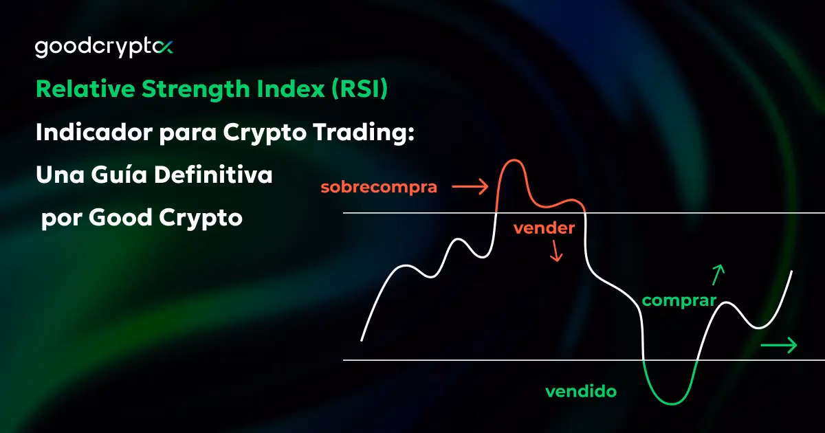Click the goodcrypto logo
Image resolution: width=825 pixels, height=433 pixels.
104,47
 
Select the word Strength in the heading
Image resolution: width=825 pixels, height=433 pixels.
199,89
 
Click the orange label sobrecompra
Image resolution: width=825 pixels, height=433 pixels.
379,187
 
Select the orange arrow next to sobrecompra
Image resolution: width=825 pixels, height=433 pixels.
470,186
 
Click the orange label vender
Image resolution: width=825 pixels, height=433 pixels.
544,229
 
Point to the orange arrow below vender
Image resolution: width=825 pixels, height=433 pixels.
556,254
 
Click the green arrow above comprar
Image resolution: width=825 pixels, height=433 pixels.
718,274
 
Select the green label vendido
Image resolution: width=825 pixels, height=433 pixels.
581,392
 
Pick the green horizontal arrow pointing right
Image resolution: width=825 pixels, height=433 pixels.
778,345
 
